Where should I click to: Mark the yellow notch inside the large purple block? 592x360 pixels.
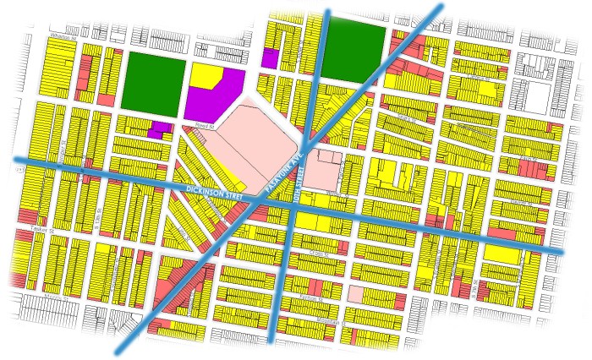(x=205, y=75)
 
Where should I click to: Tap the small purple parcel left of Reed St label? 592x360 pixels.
(x=156, y=130)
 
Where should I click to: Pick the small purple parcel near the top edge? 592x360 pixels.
(x=270, y=58)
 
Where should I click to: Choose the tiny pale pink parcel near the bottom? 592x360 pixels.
(x=356, y=294)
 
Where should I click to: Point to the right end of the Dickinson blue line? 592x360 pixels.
(x=562, y=251)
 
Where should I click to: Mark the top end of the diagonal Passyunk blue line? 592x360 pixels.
(x=441, y=6)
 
